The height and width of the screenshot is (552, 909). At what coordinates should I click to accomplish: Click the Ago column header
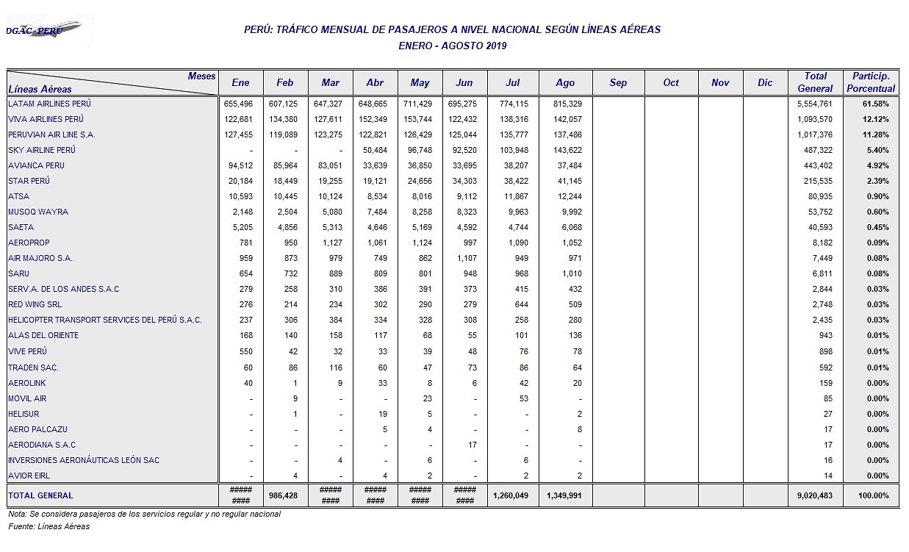(565, 82)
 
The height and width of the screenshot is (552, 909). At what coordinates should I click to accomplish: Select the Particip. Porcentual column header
(871, 82)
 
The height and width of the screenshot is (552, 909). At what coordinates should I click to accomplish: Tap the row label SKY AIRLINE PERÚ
(42, 150)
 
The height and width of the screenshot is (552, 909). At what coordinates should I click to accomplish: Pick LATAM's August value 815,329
(566, 104)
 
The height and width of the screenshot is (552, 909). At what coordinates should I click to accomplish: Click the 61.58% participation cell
(876, 104)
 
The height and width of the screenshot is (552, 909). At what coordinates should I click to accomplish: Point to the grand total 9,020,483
(815, 495)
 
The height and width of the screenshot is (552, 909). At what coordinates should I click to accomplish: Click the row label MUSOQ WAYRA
(38, 212)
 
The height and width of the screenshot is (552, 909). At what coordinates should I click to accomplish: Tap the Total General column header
(815, 82)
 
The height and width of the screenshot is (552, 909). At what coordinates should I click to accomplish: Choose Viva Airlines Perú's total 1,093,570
(815, 119)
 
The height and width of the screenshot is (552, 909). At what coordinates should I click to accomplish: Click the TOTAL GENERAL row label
(41, 495)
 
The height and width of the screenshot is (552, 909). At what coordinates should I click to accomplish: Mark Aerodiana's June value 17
(472, 445)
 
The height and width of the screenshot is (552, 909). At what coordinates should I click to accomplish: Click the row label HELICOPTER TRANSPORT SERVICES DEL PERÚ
(104, 320)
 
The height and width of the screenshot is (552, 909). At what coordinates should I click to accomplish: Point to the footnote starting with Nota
(144, 514)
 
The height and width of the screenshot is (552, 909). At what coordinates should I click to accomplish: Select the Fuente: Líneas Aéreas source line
(49, 526)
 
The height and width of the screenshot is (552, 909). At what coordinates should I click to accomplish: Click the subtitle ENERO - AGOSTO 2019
(452, 46)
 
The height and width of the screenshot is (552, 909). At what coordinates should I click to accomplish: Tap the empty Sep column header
(618, 82)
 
